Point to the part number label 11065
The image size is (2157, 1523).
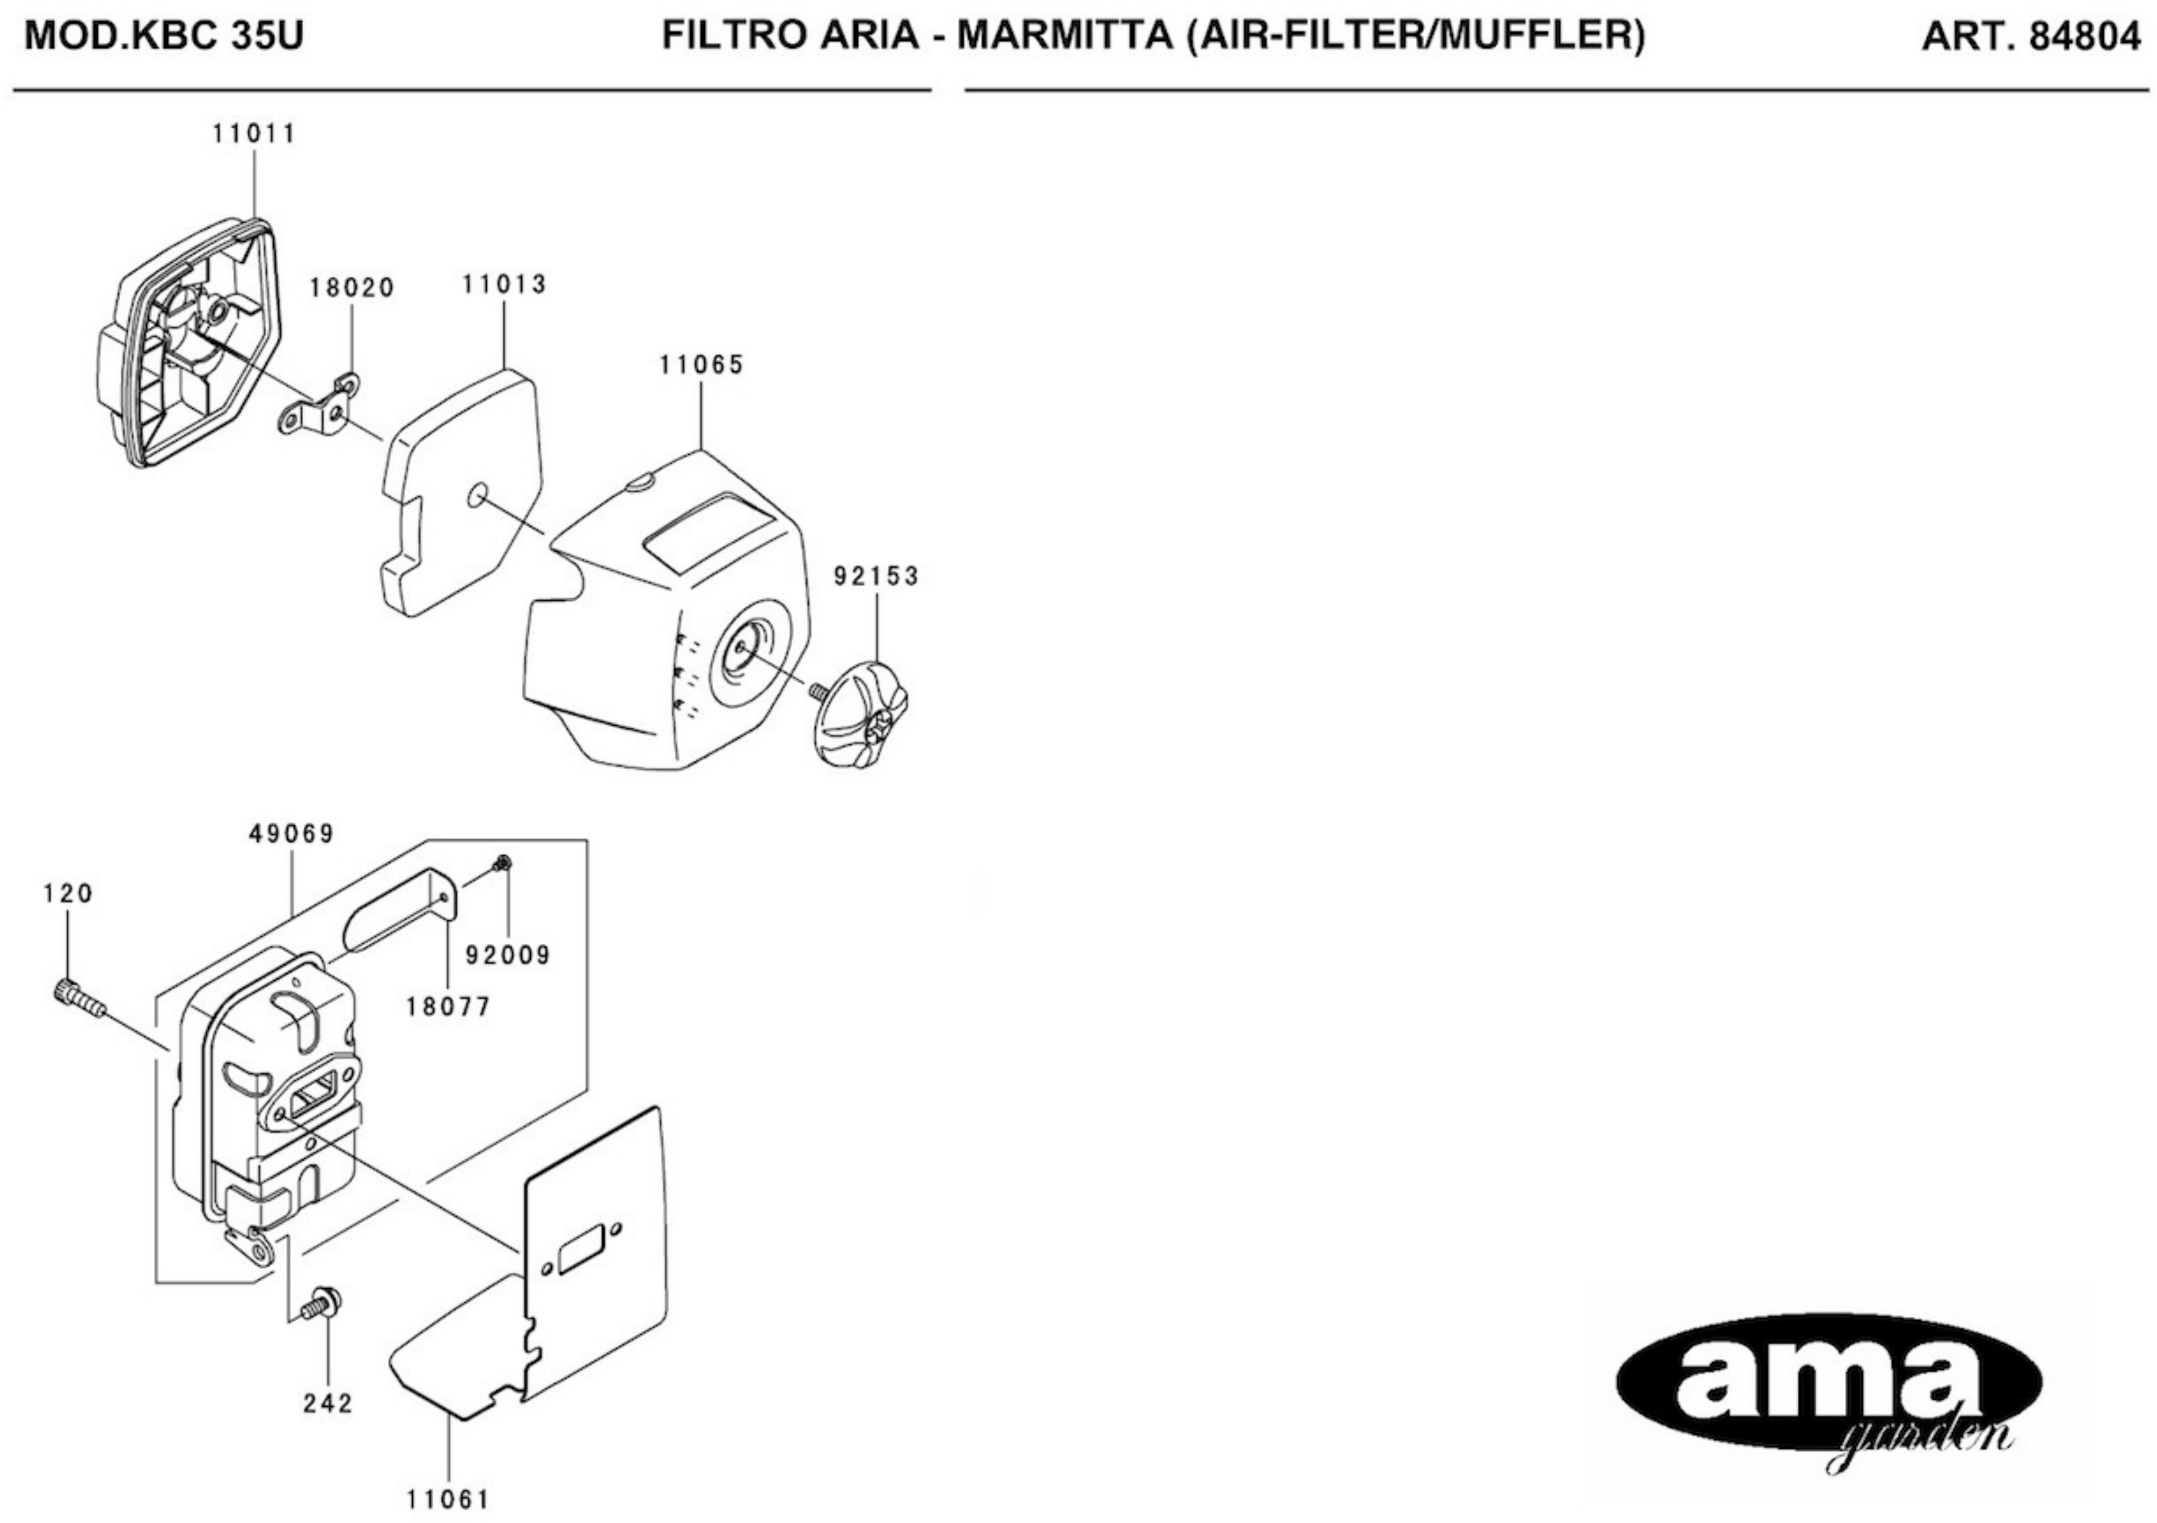[701, 365]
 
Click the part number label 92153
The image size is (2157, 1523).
[876, 576]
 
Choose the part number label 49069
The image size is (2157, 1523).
[292, 833]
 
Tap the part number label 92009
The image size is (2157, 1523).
[508, 955]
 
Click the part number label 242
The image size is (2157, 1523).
[328, 1403]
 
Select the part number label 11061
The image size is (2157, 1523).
[448, 1499]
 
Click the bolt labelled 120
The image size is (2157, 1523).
[77, 997]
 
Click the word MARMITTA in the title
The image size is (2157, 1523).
[1065, 36]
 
